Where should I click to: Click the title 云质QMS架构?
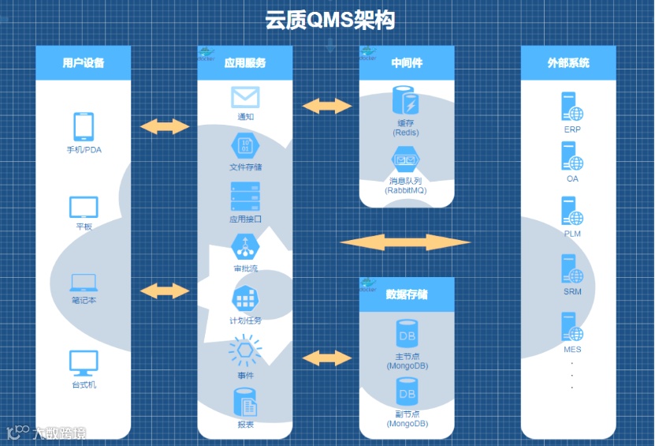click(x=329, y=21)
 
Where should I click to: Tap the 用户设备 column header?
click(x=83, y=62)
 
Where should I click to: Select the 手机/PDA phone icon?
click(x=84, y=126)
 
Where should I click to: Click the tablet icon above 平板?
click(x=84, y=207)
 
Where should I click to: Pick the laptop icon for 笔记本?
click(x=84, y=282)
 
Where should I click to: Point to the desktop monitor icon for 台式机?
click(x=84, y=362)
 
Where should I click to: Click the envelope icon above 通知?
click(x=245, y=97)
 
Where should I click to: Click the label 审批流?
click(x=245, y=268)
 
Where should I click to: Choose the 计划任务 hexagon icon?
click(x=245, y=298)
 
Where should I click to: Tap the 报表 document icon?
click(x=245, y=403)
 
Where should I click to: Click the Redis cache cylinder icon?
click(x=407, y=102)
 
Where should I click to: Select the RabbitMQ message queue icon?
click(x=407, y=161)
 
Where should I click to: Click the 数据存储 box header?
click(x=407, y=294)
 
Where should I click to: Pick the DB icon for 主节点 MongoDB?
click(x=407, y=335)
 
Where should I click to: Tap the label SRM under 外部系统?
click(x=572, y=292)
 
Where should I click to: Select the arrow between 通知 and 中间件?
click(x=327, y=105)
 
